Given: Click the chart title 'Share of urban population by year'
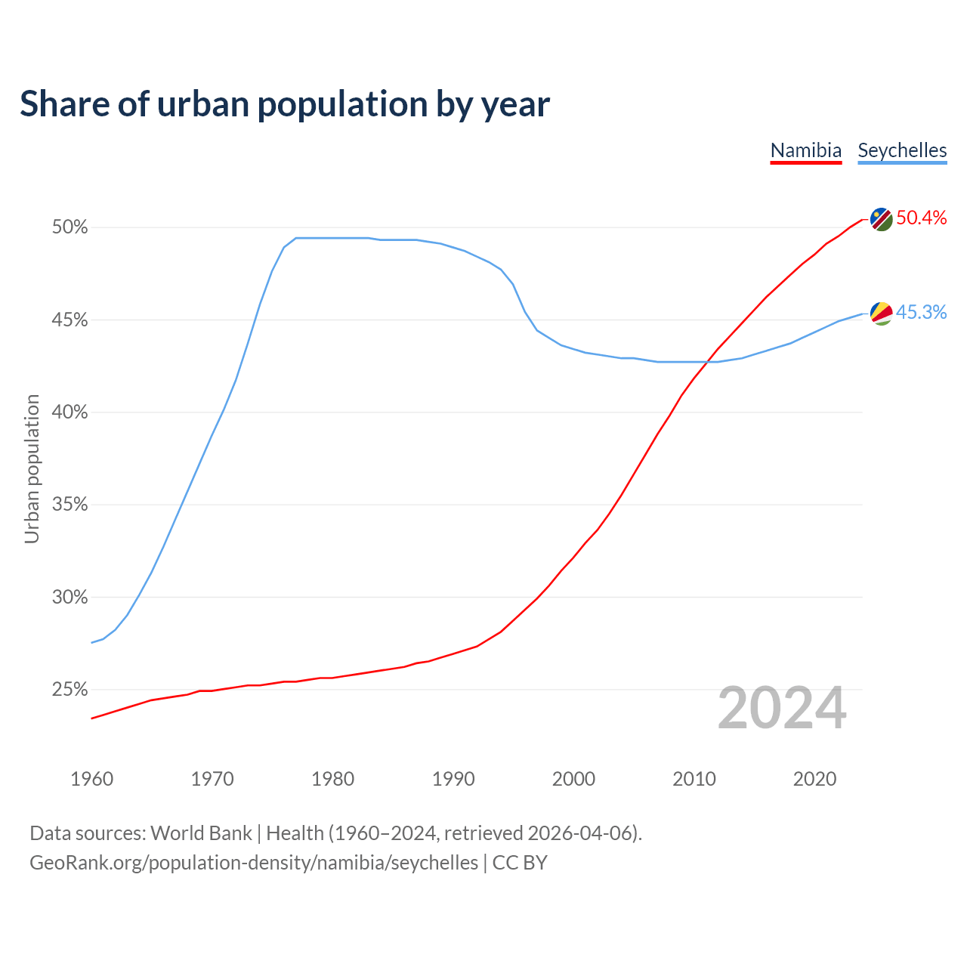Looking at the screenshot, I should pos(285,104).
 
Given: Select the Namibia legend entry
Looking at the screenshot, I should pos(805,150).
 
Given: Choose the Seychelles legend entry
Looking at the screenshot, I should pos(902,150).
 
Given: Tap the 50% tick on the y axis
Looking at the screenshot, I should pos(70,227).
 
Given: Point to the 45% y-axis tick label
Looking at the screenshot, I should pos(70,320).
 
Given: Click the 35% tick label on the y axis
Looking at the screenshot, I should pos(70,505).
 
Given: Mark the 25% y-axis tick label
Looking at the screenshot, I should pos(70,690).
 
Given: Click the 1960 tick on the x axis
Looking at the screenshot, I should pos(91,779).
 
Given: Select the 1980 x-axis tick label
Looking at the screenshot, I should pos(332,779).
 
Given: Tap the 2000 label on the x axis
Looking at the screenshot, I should pos(573,779).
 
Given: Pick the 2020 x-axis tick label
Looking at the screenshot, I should pos(814,779).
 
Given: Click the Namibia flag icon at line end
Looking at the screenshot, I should pos(881,219).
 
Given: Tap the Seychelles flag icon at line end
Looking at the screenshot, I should pos(881,313).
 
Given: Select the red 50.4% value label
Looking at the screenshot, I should pos(921,218).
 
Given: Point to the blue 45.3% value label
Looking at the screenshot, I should pos(921,313).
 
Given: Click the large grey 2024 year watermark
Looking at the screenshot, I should pos(781,709).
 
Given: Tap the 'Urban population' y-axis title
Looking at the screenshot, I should pos(32,468).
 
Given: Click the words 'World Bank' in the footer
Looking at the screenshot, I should pos(201,833).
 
